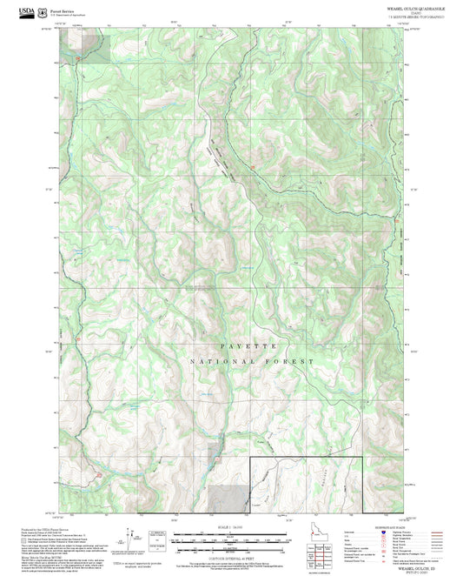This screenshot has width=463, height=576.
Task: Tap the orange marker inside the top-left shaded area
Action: (x=79, y=58)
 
